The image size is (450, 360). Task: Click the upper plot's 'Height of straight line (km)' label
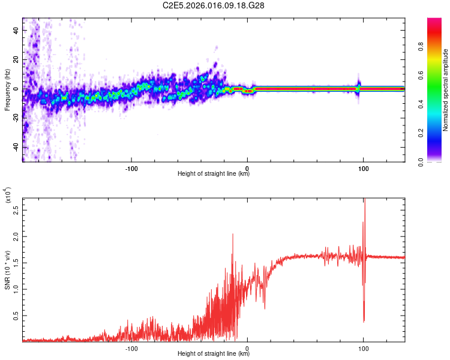point(214,174)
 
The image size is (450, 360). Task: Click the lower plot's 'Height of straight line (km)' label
point(214,354)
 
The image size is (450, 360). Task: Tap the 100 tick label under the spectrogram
point(363,168)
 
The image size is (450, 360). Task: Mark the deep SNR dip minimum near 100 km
point(364,321)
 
